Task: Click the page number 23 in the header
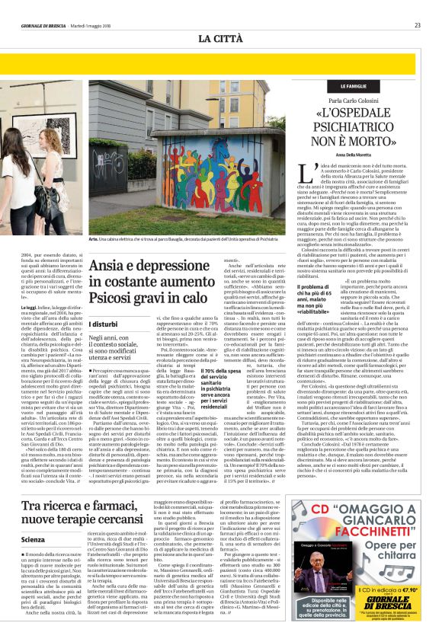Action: pyautogui.click(x=417, y=25)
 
